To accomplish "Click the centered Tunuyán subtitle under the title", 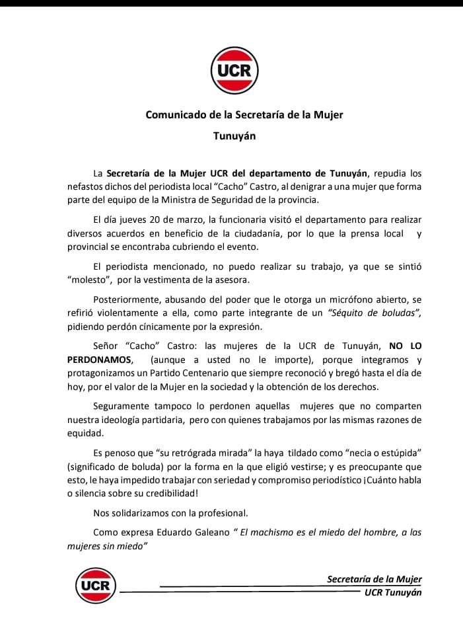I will (234, 137).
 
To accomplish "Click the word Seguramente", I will (125, 405).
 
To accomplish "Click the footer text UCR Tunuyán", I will (392, 592).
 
